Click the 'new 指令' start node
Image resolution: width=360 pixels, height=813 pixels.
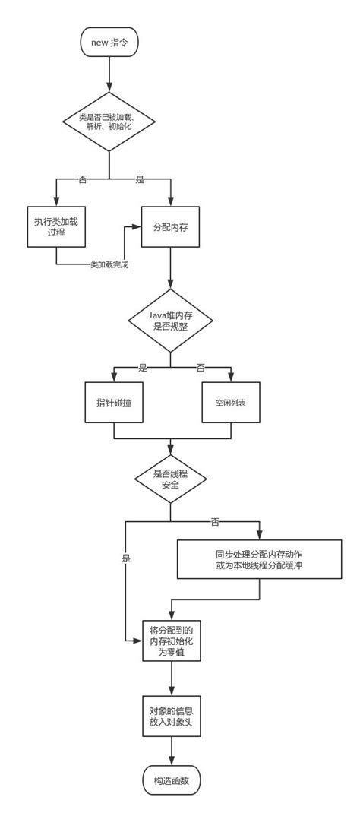pos(109,43)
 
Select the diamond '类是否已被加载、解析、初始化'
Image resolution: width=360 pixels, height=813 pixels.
pos(109,122)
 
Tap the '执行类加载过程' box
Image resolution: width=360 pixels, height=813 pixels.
pos(55,226)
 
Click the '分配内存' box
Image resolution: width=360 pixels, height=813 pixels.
pos(170,226)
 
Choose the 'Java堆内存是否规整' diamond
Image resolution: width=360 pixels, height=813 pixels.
pos(170,320)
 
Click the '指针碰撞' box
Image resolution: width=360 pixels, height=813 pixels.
pos(113,402)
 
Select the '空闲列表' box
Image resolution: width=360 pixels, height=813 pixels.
pos(230,402)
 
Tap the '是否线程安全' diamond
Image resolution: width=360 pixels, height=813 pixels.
pos(170,479)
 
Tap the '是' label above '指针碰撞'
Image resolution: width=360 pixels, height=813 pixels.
pos(142,368)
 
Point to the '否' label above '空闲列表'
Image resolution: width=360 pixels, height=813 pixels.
pos(201,368)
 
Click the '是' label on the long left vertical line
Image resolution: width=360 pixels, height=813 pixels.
pos(125,558)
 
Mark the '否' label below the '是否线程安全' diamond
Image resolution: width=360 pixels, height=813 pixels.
pos(215,522)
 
